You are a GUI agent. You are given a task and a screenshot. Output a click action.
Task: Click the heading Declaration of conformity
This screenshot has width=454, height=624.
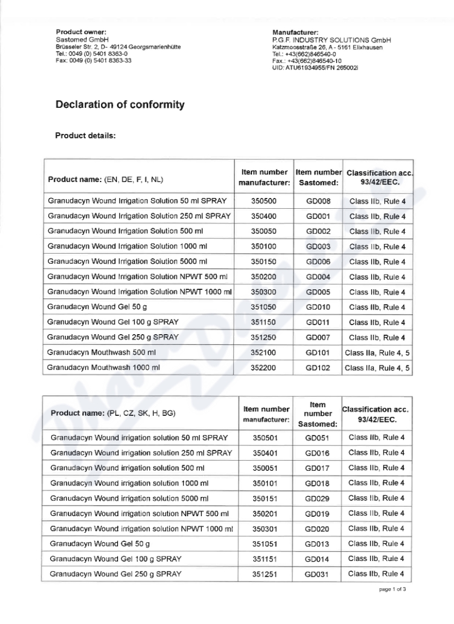(x=120, y=105)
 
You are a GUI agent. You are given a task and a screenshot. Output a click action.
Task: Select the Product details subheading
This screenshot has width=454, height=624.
(x=85, y=136)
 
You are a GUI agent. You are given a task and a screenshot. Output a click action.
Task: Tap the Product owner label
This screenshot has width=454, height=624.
(x=81, y=32)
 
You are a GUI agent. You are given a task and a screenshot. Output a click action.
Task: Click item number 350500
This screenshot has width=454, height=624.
(x=264, y=201)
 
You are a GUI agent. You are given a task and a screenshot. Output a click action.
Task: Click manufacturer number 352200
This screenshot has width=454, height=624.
(x=264, y=368)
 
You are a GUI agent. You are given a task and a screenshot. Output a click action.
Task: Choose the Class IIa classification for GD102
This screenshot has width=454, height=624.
(x=377, y=368)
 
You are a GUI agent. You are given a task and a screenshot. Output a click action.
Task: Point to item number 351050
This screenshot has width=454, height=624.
(x=264, y=307)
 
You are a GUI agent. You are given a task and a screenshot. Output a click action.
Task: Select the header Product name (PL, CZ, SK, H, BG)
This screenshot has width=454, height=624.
(x=113, y=413)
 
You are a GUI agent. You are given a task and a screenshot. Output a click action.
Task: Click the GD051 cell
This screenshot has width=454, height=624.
(x=317, y=438)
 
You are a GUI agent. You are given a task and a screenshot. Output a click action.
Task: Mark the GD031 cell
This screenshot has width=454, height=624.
(x=317, y=574)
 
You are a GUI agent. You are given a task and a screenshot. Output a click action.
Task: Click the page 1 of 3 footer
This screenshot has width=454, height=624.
(x=393, y=589)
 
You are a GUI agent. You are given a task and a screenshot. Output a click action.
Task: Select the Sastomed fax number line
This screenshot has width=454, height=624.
(x=94, y=60)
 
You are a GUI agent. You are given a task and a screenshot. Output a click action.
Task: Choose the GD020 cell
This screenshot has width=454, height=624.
(x=317, y=529)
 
